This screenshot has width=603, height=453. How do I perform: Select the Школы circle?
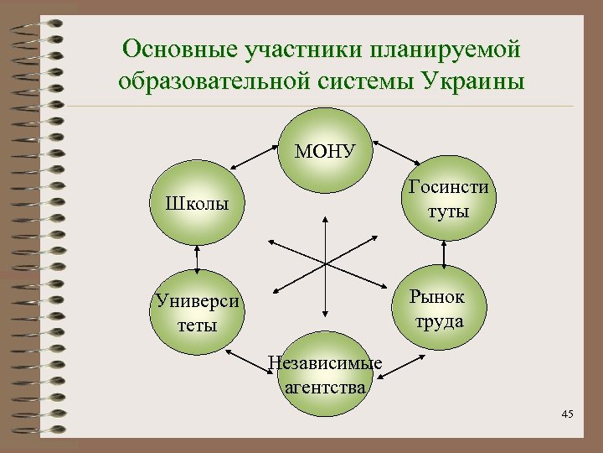coord(198,204)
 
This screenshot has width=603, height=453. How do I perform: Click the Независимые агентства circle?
coord(325,373)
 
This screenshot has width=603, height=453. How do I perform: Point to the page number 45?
coord(567,414)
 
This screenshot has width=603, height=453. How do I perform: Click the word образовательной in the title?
coord(224,82)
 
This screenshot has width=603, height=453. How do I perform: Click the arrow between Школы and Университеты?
coord(197,258)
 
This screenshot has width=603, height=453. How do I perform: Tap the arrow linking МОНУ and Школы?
coord(256,164)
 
